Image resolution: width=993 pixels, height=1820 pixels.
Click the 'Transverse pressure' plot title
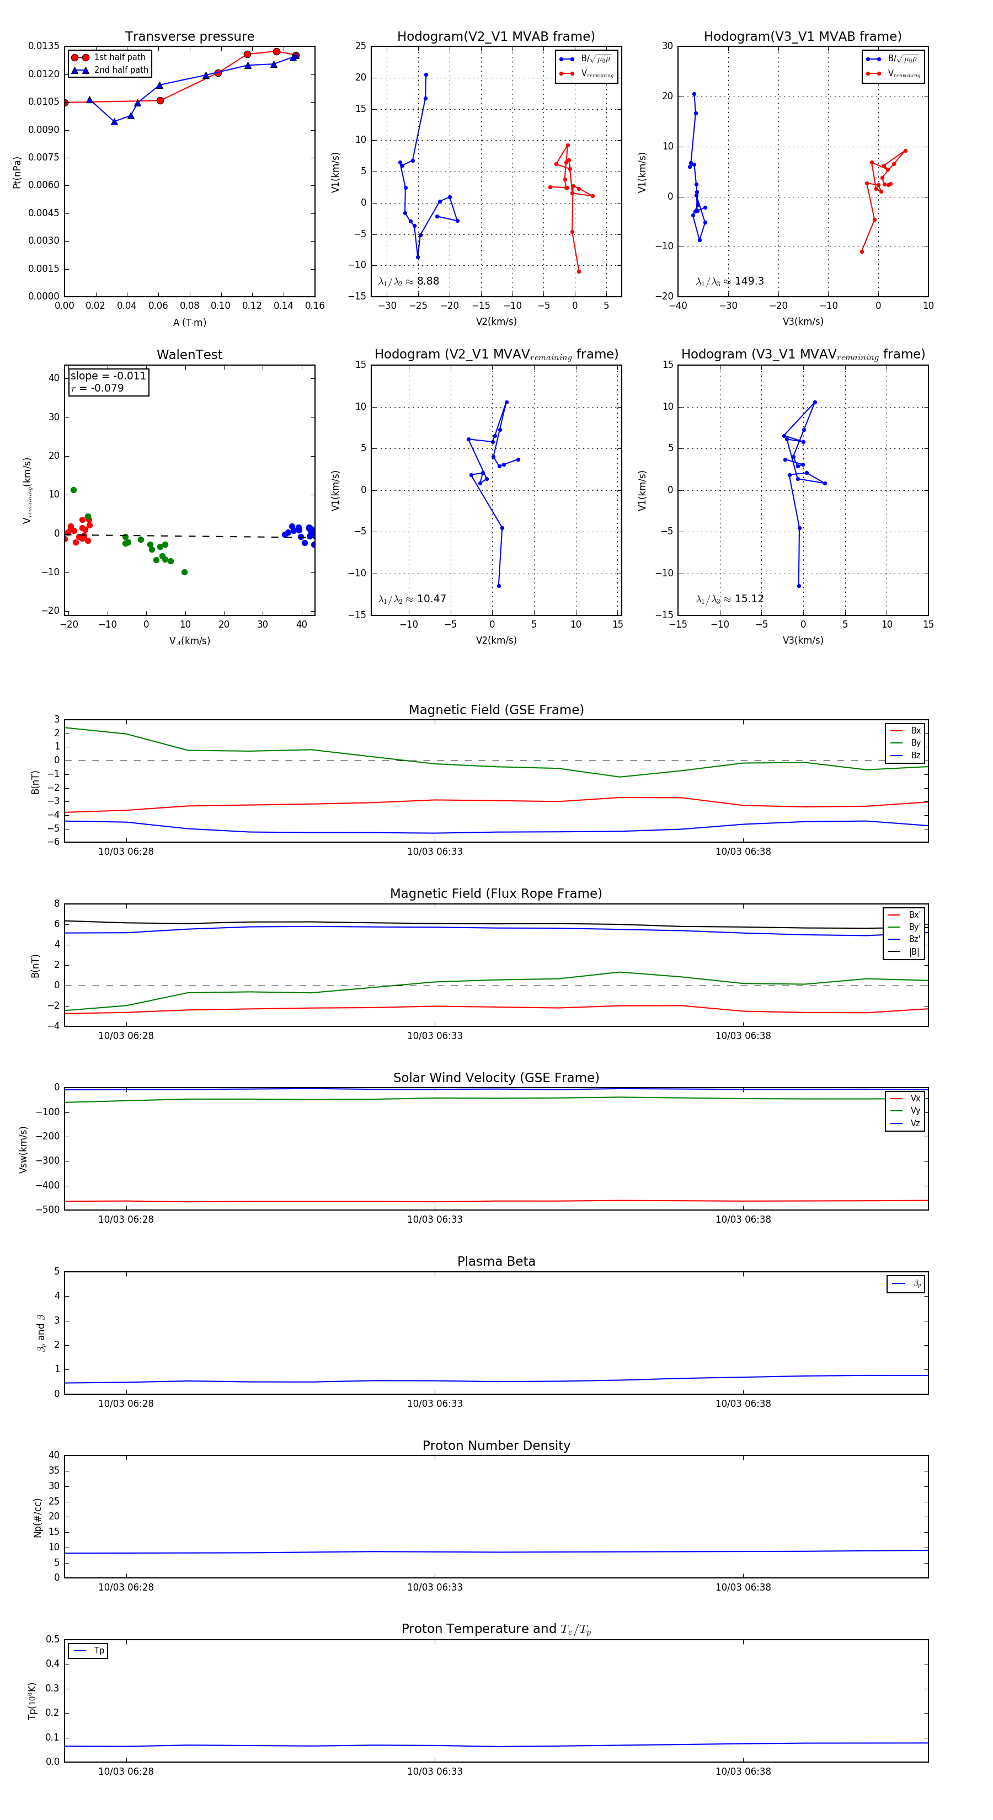(189, 37)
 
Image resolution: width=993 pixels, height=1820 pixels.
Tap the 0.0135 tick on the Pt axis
(44, 46)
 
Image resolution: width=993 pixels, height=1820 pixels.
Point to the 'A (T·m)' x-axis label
(189, 323)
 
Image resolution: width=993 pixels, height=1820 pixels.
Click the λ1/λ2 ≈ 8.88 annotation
(408, 281)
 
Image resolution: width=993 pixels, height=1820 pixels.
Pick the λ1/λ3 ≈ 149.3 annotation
(729, 281)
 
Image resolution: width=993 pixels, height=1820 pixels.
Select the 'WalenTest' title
(189, 355)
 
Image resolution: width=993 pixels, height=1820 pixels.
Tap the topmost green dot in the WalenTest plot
(73, 490)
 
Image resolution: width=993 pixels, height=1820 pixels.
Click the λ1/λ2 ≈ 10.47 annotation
(412, 599)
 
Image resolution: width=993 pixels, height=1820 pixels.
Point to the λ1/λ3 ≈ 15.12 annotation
(729, 599)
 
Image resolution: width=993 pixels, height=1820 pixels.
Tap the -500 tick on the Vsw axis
(48, 1209)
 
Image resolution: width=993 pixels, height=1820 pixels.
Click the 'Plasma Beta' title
(496, 1262)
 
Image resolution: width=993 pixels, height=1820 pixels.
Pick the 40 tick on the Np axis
(54, 1455)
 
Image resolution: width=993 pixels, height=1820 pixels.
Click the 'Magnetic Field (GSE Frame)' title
(496, 710)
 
